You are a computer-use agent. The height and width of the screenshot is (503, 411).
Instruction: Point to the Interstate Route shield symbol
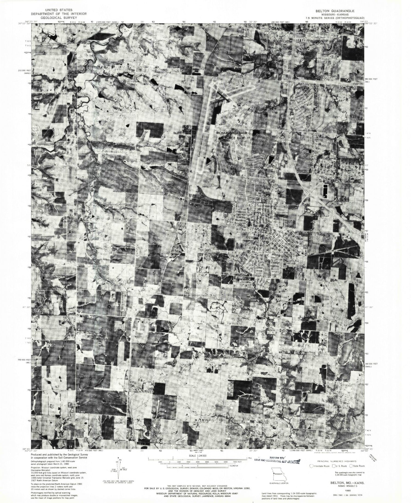coord(311,466)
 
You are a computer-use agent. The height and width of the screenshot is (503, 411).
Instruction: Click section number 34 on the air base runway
coord(222,102)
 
